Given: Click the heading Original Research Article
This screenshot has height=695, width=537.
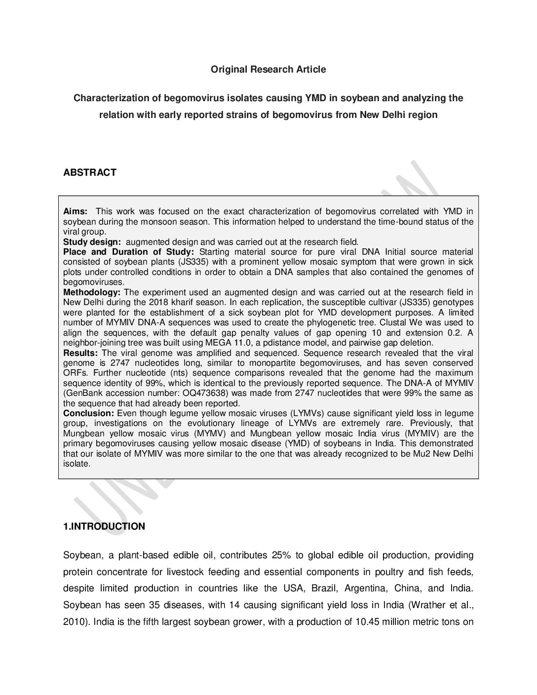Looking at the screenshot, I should pyautogui.click(x=268, y=70).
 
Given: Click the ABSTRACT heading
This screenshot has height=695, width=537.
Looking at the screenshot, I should pyautogui.click(x=90, y=172).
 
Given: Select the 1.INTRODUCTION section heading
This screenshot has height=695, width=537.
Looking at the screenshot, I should pyautogui.click(x=104, y=527).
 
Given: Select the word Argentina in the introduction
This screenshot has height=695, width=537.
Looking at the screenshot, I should pyautogui.click(x=365, y=588).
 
